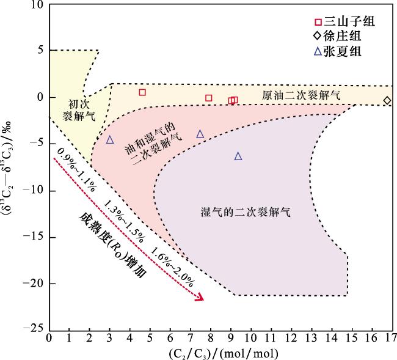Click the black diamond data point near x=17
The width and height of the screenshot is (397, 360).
(x=387, y=100)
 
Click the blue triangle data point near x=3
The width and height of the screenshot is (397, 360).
(x=110, y=140)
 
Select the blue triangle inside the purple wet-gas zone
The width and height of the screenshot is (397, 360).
(x=238, y=156)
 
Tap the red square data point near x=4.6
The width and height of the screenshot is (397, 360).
(x=142, y=92)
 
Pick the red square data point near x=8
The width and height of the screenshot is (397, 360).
(x=208, y=98)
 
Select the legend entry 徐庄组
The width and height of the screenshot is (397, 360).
(x=342, y=37)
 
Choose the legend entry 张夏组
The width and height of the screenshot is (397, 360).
(x=342, y=52)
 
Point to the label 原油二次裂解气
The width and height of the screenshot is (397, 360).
(x=301, y=96)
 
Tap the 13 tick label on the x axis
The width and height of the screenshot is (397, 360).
(x=314, y=337)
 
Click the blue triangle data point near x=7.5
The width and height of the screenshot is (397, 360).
(x=200, y=134)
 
